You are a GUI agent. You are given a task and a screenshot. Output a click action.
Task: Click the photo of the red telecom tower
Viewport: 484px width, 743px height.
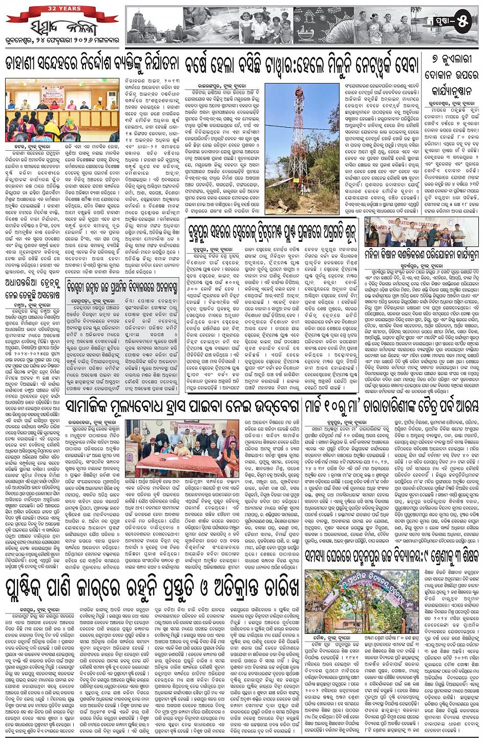click(302, 149)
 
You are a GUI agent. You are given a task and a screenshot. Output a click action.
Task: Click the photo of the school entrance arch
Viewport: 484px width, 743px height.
click(348, 602)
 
